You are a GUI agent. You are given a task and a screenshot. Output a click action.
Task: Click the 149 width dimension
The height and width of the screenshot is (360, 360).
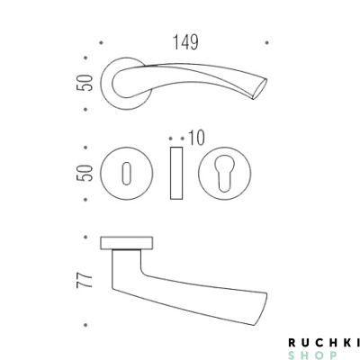click(x=185, y=42)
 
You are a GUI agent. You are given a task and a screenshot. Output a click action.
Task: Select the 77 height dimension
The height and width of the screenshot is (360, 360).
click(x=85, y=281)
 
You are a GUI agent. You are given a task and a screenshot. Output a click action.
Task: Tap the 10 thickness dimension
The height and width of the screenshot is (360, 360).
click(x=197, y=138)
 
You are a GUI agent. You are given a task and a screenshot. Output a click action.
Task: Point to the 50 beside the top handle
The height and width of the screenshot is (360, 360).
click(x=85, y=83)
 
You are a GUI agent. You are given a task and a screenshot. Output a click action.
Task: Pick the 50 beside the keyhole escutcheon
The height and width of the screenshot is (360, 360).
click(x=85, y=173)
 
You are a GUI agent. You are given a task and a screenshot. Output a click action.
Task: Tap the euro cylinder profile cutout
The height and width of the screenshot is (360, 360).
click(x=225, y=173)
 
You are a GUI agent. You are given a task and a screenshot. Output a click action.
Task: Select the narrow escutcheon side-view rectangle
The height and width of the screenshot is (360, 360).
click(x=176, y=173)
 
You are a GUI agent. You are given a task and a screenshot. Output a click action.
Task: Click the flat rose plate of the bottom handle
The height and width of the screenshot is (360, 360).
click(x=127, y=243)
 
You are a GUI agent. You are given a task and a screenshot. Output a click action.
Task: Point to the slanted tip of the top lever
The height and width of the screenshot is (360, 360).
click(x=260, y=89)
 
